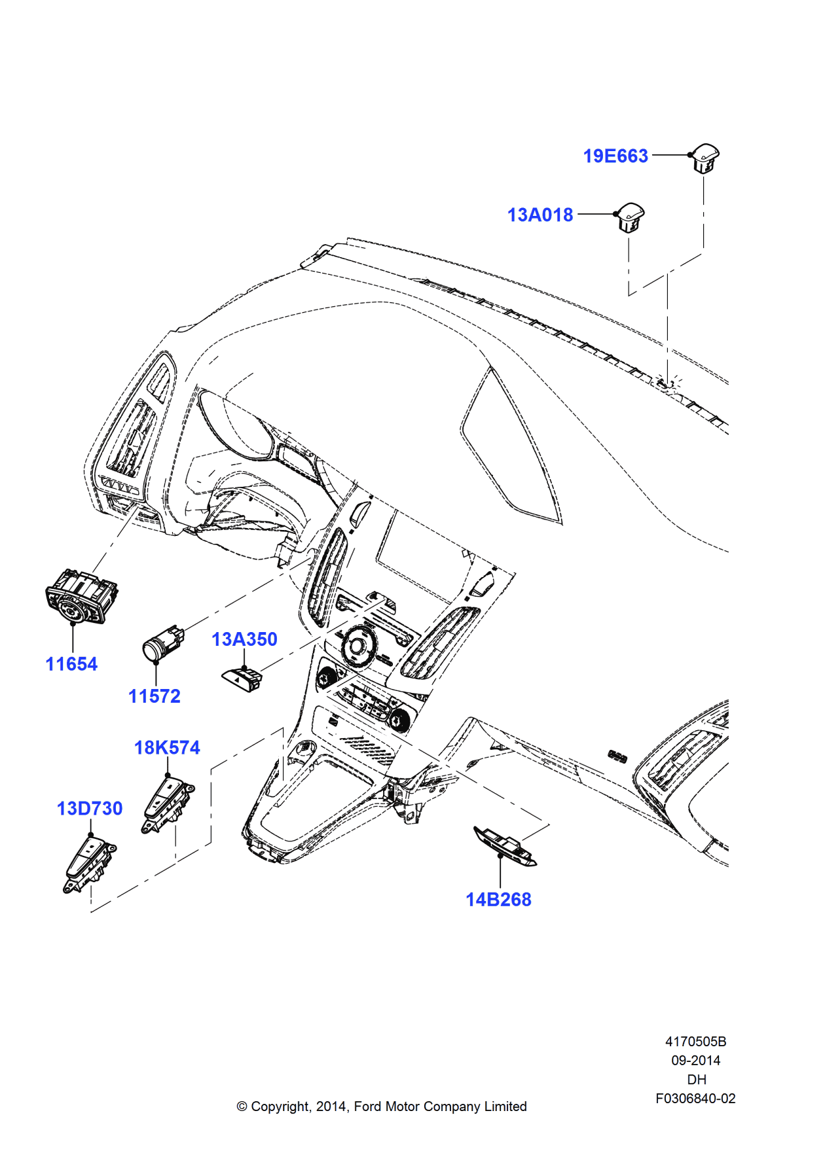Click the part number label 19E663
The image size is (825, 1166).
pos(615,156)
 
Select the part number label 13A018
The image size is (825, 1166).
pos(540,215)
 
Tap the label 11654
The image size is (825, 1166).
pos(71,664)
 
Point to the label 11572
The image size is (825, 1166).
pos(154,696)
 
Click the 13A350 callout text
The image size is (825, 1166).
pos(244,639)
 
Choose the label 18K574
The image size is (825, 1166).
pos(167,748)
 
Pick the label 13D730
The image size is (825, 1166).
pos(90,809)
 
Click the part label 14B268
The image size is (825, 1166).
pos(498,900)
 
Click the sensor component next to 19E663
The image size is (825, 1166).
pos(705,157)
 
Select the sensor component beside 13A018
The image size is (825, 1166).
pos(630,217)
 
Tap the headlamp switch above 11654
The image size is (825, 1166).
pos(81,596)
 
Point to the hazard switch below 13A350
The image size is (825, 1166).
pos(242,678)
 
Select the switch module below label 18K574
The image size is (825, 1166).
pos(167,804)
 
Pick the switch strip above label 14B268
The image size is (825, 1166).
pos(505,845)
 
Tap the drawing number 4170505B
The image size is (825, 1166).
pos(695,1042)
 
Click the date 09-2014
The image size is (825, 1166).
pos(695,1061)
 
